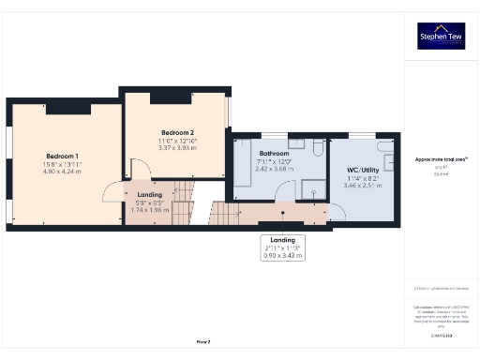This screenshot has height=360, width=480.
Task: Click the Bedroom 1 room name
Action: tap(63, 155)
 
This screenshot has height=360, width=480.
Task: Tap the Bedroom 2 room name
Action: tap(176, 132)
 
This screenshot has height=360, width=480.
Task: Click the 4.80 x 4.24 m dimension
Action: tap(63, 172)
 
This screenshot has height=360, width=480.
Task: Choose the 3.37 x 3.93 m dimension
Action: tap(176, 147)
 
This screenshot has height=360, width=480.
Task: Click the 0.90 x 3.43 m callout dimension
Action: tap(284, 255)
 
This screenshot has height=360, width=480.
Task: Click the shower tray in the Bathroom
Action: tap(315, 188)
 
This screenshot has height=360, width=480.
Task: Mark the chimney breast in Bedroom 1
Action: tap(67, 108)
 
